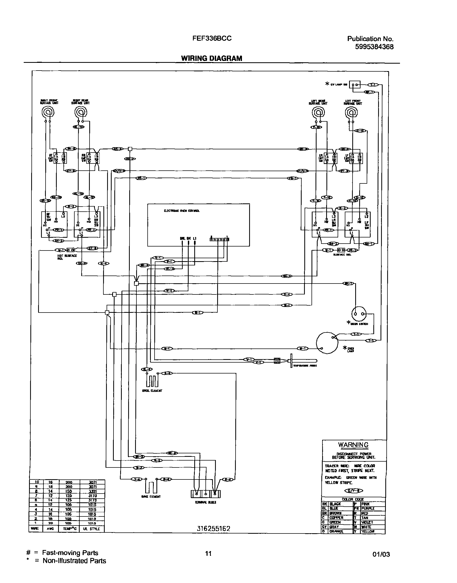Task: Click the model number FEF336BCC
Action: click(212, 39)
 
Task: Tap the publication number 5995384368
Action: click(374, 47)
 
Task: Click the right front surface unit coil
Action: click(48, 112)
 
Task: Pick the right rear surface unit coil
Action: click(81, 112)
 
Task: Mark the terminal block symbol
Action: click(205, 494)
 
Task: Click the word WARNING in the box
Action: click(353, 445)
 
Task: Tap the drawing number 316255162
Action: click(213, 529)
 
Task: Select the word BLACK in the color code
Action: click(335, 504)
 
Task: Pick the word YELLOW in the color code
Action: click(368, 531)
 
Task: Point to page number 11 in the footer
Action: click(208, 553)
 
